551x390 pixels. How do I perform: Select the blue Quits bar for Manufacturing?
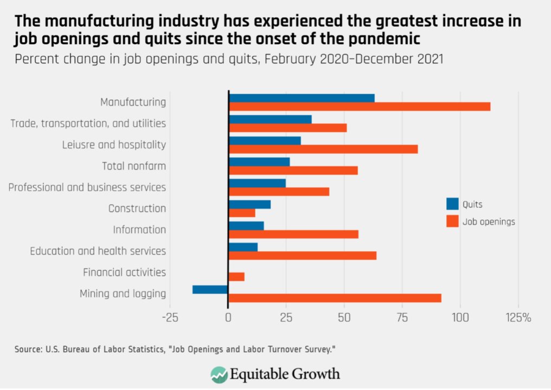click(302, 98)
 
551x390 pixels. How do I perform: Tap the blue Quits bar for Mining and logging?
click(210, 290)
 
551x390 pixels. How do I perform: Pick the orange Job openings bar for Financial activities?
click(236, 277)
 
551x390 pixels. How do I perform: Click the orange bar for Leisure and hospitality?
click(323, 149)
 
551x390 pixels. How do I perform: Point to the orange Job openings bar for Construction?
click(242, 213)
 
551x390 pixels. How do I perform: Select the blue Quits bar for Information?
click(246, 226)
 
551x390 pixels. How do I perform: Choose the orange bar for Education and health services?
click(303, 256)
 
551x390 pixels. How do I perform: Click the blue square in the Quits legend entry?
click(452, 204)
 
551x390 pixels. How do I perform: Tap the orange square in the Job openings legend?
click(452, 222)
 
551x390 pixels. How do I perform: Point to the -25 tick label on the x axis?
click(170, 317)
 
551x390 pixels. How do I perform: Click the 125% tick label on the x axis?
click(519, 317)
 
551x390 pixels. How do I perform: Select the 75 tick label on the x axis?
click(402, 317)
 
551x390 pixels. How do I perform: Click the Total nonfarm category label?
click(134, 166)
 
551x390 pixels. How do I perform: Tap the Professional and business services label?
click(87, 187)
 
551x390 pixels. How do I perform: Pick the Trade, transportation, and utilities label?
click(88, 123)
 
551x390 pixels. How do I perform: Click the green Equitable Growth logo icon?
click(219, 374)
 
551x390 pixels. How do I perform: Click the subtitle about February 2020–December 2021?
click(229, 59)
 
